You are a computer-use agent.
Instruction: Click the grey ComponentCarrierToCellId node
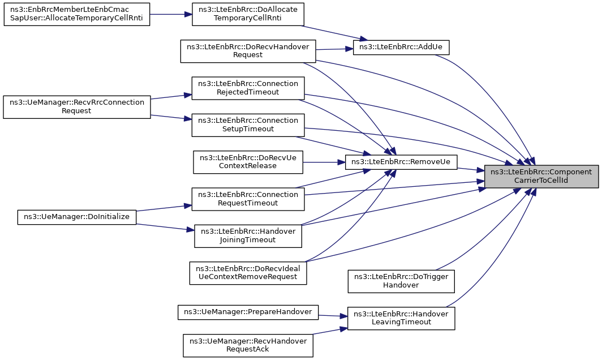pos(541,177)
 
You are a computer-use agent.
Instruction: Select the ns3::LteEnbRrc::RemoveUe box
pos(401,162)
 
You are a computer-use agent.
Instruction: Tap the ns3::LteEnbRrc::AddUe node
pos(401,47)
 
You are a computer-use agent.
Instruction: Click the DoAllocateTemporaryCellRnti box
pos(248,14)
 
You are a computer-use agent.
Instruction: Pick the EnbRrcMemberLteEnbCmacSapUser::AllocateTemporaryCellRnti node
pos(77,14)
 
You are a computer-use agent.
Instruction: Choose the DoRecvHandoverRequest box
pos(248,51)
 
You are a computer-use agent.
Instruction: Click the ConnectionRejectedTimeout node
pos(248,88)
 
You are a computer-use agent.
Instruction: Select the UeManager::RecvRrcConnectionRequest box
pos(77,107)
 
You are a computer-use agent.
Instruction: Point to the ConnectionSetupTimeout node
pos(248,125)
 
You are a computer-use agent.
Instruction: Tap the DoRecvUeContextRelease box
pos(248,162)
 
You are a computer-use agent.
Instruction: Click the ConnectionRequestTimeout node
pos(248,199)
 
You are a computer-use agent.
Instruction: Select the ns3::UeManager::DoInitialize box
pos(77,217)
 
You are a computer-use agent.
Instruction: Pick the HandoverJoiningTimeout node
pos(248,236)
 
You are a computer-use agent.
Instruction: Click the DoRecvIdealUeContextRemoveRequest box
pos(248,273)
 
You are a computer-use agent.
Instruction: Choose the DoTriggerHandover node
pos(401,281)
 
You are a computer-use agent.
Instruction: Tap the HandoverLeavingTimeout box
pos(401,318)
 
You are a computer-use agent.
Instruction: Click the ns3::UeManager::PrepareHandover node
pos(248,312)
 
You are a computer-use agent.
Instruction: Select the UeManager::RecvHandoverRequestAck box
pos(248,345)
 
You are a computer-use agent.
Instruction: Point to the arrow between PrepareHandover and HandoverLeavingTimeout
pos(333,316)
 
